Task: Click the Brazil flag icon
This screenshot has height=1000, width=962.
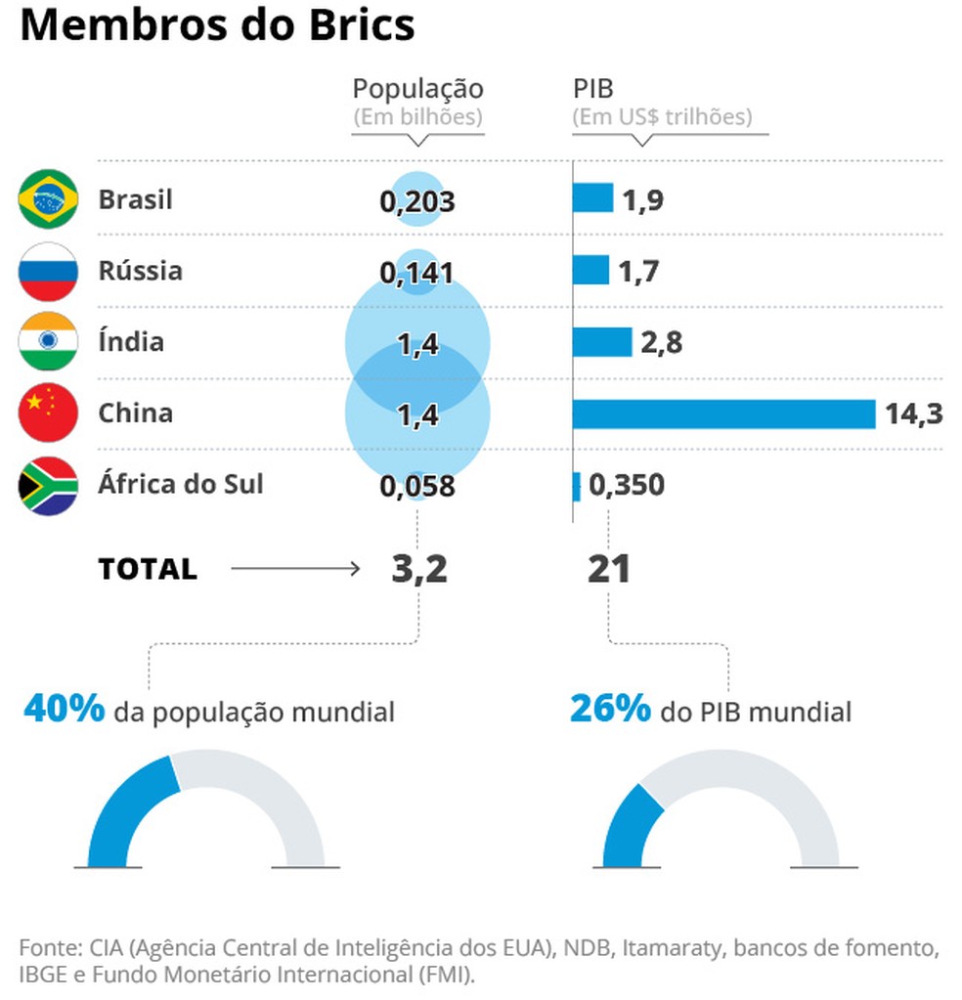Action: [x=48, y=199]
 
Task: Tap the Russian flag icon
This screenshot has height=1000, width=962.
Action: [x=48, y=271]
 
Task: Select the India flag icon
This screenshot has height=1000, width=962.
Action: [x=48, y=342]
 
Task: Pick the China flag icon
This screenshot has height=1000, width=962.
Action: [x=48, y=413]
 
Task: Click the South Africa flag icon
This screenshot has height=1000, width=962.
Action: [x=48, y=485]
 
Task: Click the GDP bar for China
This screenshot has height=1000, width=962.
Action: [x=723, y=413]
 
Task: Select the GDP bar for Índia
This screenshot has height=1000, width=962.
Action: [x=602, y=342]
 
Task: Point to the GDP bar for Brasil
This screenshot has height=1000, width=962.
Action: [x=592, y=198]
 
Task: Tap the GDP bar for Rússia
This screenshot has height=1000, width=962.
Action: [x=590, y=270]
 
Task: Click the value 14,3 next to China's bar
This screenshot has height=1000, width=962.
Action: [x=914, y=414]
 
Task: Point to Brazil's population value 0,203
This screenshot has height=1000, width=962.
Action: [x=417, y=201]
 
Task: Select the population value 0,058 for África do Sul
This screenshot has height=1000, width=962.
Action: [x=417, y=486]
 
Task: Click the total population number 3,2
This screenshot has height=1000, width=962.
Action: [x=419, y=569]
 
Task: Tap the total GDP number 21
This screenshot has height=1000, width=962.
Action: [x=609, y=569]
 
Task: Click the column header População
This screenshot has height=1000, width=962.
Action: [x=417, y=89]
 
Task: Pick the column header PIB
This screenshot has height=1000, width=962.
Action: [x=592, y=89]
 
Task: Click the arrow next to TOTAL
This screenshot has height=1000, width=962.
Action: [x=295, y=569]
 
